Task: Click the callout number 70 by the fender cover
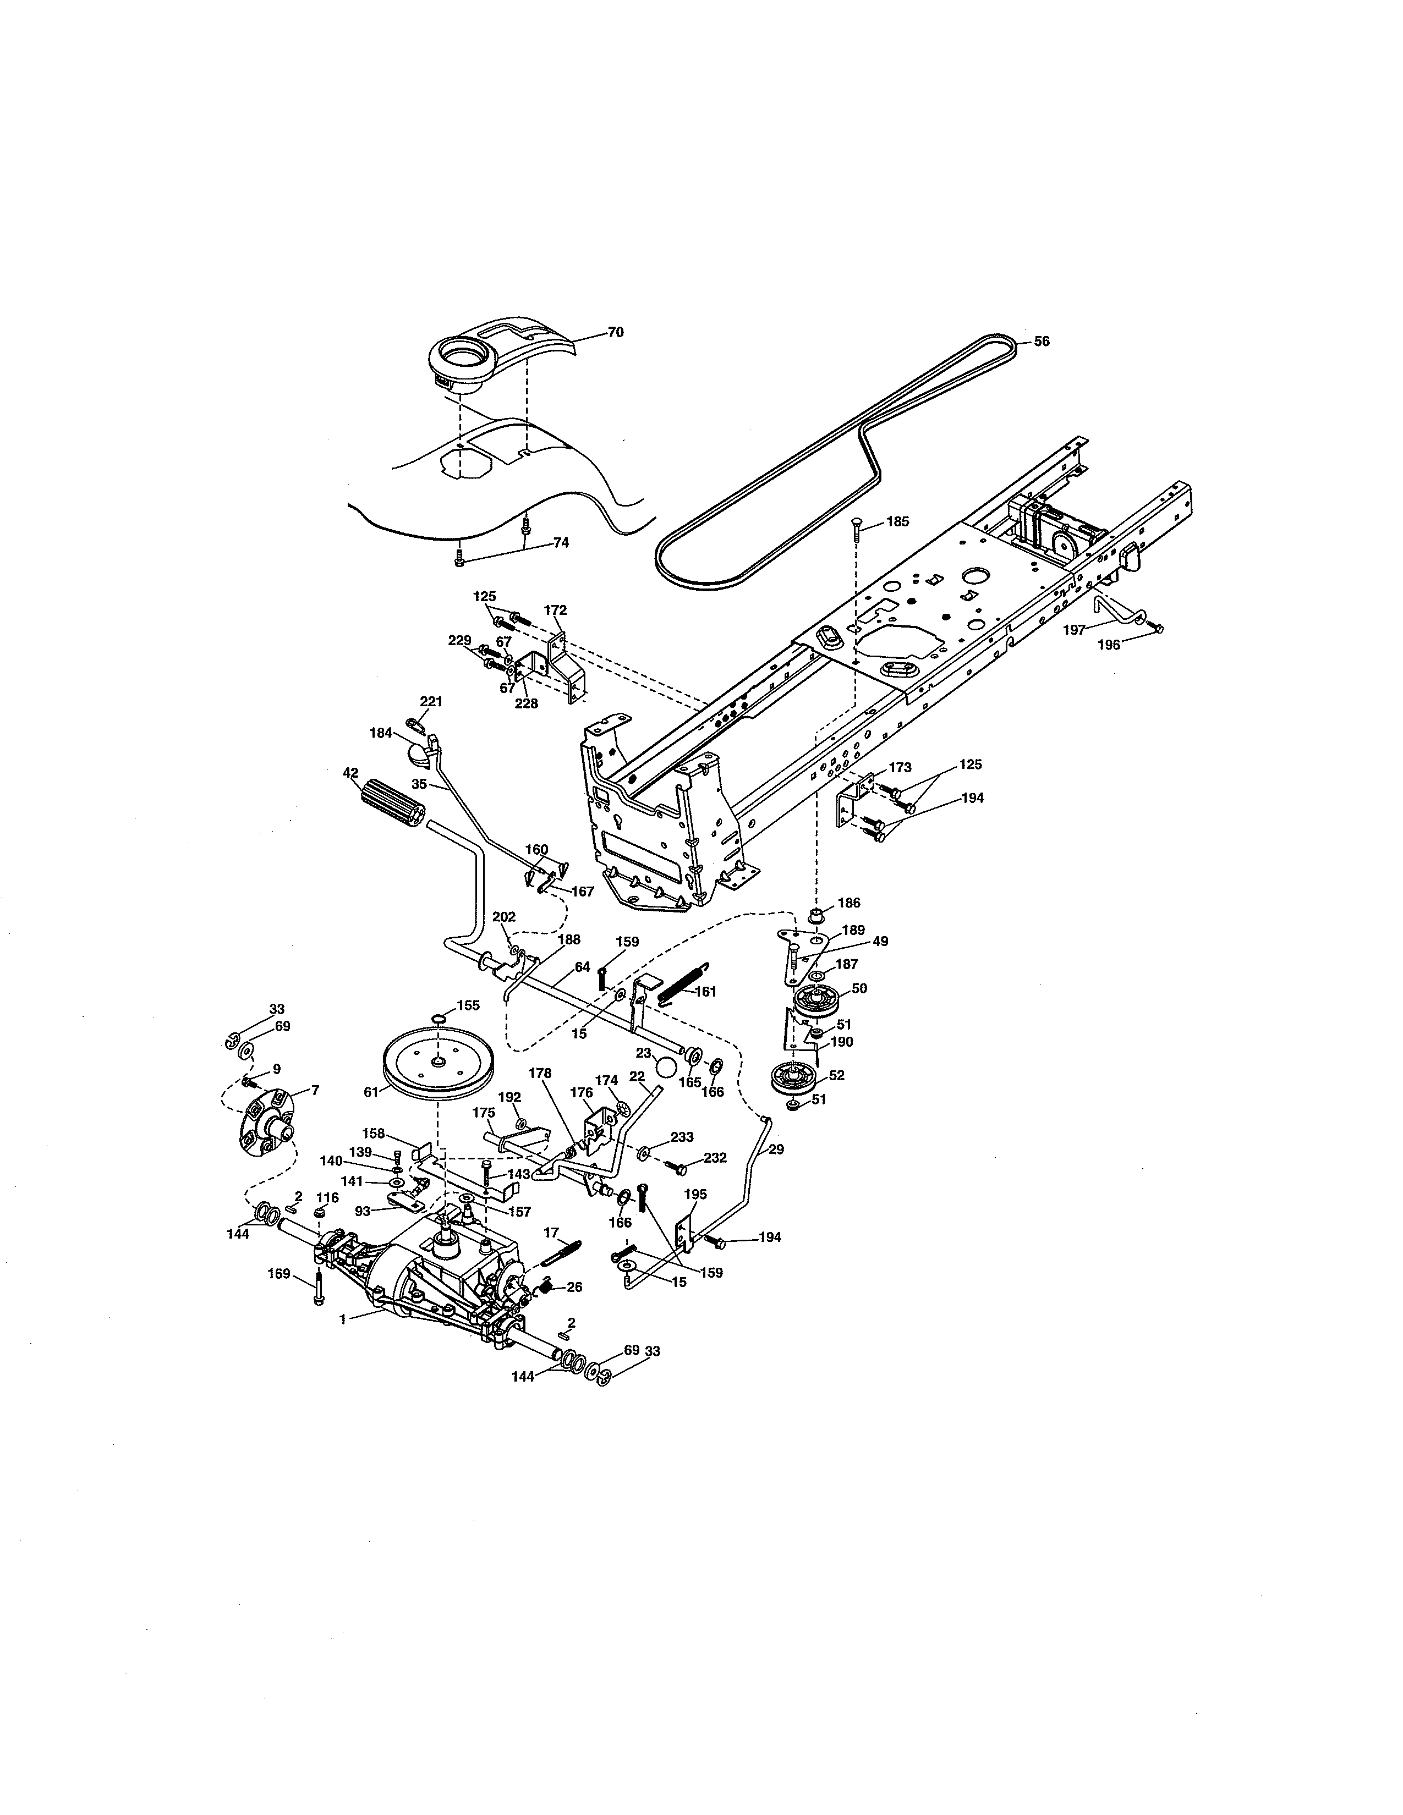[x=615, y=332]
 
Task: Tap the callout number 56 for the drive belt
[x=1042, y=342]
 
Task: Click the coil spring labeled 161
[x=686, y=982]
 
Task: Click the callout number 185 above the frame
[x=898, y=522]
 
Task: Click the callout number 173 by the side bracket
[x=900, y=767]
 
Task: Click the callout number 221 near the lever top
[x=431, y=701]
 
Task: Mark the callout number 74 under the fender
[x=561, y=543]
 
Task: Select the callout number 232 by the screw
[x=715, y=1158]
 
